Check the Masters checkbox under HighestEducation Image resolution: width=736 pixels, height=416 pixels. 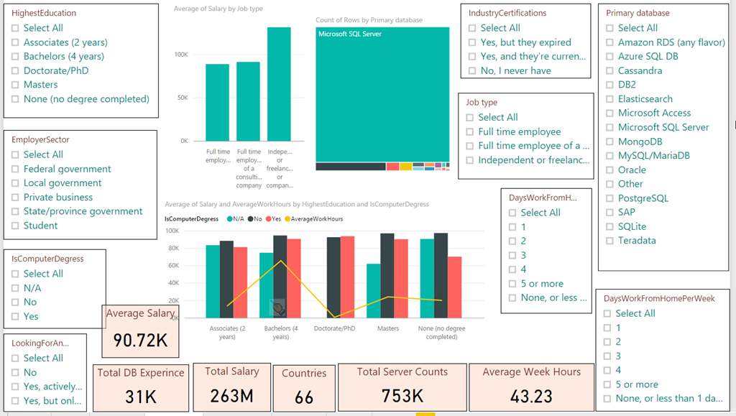16,85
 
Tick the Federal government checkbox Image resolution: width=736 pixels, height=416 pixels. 16,169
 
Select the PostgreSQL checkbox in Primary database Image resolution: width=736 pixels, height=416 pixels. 610,198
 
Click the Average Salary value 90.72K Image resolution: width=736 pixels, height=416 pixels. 141,340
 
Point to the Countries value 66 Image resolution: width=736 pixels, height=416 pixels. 304,397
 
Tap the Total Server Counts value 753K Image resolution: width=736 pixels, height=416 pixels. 402,396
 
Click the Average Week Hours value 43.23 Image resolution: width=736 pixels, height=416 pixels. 533,396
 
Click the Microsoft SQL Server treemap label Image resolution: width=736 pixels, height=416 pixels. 350,34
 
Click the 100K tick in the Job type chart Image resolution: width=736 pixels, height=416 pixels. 180,55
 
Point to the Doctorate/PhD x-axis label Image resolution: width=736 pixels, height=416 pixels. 335,328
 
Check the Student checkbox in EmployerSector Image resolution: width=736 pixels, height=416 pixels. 16,226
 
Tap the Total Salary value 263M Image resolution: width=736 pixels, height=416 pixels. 231,395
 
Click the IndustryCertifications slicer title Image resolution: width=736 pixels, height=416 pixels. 507,13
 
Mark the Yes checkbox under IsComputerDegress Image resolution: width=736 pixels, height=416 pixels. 16,316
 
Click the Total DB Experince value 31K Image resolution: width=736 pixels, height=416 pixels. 140,396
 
